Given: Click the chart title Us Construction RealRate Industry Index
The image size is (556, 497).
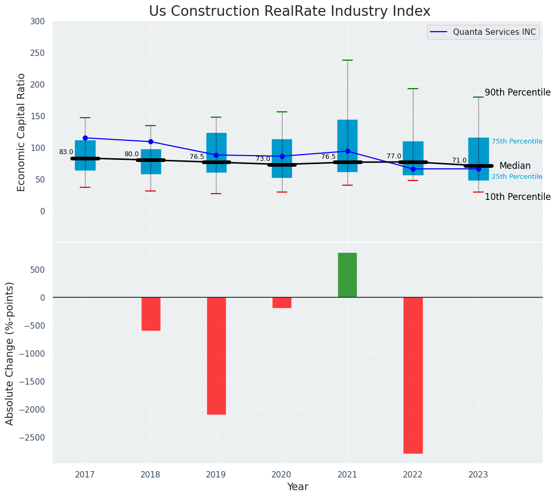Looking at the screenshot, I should [x=289, y=12].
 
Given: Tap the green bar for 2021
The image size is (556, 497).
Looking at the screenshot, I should [x=347, y=275].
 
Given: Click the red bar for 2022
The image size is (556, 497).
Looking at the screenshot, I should [x=413, y=375].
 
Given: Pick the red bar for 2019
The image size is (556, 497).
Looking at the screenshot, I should [x=216, y=355].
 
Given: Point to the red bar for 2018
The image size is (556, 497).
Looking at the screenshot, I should [x=150, y=313].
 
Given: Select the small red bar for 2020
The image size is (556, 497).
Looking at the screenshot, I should [x=281, y=302].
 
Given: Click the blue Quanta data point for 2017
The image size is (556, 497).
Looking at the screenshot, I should [x=85, y=138].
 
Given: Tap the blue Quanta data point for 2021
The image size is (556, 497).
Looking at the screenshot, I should [x=347, y=151].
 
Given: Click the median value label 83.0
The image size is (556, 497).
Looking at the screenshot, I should [x=66, y=152].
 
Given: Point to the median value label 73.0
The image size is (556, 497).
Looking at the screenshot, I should [x=263, y=159].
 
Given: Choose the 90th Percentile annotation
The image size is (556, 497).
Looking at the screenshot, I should [x=517, y=92].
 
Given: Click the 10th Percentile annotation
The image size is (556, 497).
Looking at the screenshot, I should [x=517, y=197].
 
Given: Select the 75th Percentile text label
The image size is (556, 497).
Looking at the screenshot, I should [x=517, y=141].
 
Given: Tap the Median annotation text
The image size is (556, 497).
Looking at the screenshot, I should [x=515, y=166].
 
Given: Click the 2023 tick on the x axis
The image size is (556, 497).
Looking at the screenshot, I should [x=478, y=475].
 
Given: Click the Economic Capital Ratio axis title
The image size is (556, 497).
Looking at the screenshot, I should [x=22, y=132].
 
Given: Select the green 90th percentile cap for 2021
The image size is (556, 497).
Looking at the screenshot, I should [x=347, y=60].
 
